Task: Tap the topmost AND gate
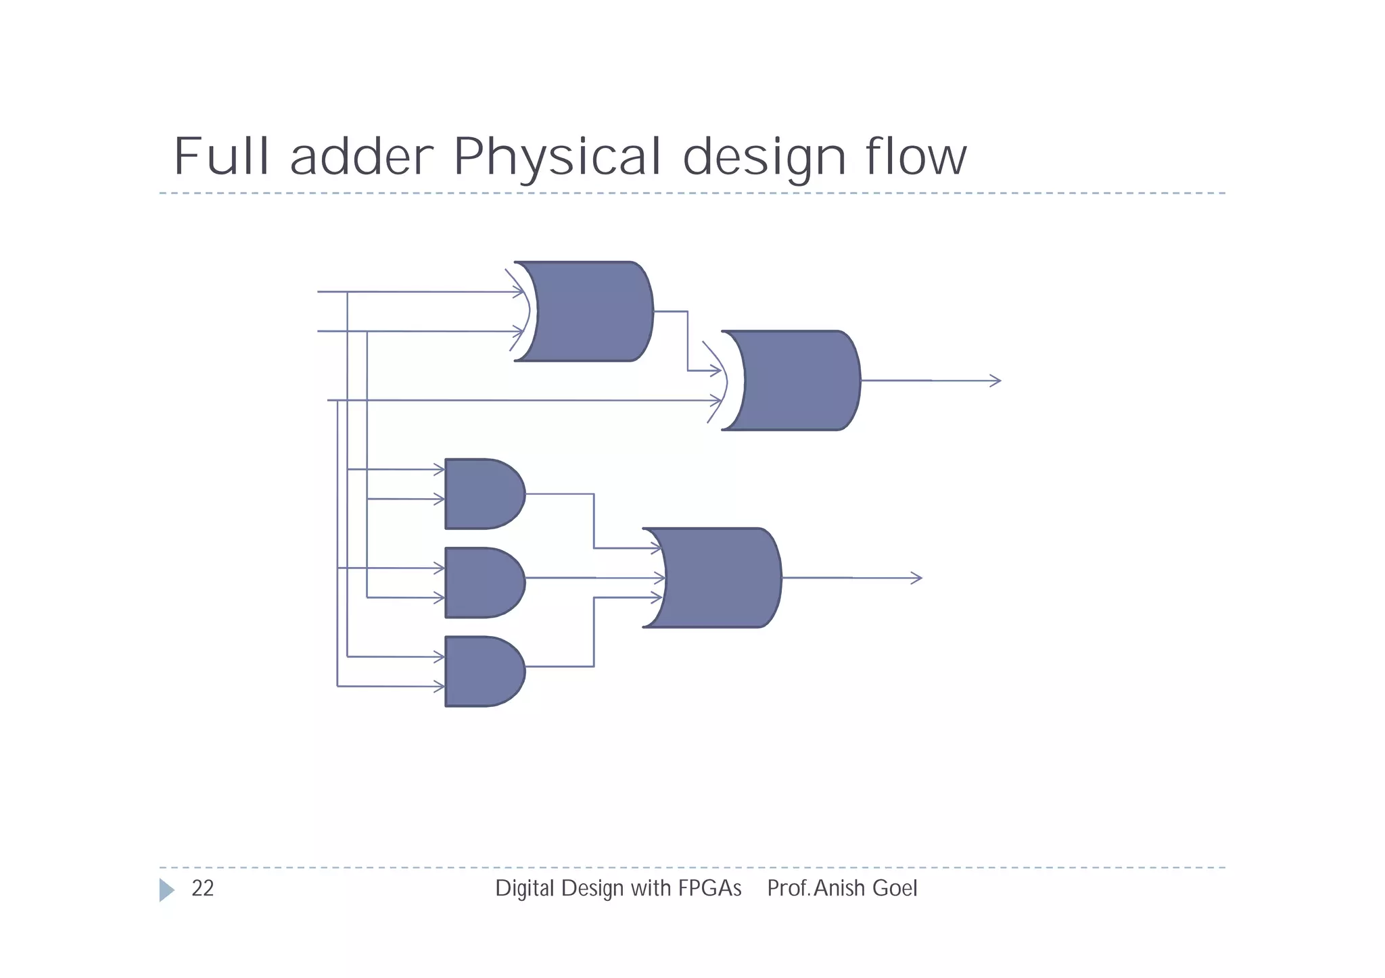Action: (x=482, y=494)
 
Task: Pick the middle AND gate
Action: (x=482, y=583)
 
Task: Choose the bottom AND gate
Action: (x=482, y=671)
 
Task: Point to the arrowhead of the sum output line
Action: (x=995, y=381)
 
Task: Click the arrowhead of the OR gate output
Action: (x=917, y=578)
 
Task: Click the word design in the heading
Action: (x=764, y=156)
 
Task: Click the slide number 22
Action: (x=202, y=888)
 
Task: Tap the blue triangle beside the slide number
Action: (x=166, y=890)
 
